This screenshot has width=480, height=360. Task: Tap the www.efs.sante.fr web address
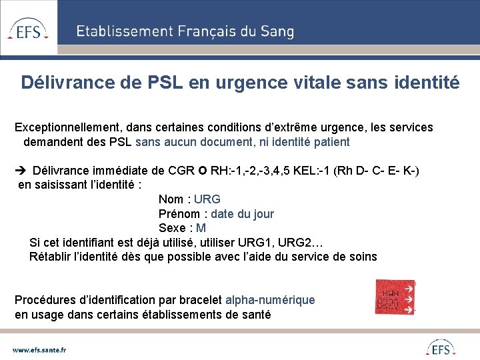click(39, 349)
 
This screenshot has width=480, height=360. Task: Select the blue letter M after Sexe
click(201, 228)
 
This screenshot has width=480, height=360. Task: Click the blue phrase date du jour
click(243, 214)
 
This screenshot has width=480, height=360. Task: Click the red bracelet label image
click(395, 297)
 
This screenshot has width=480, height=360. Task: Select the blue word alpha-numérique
click(270, 300)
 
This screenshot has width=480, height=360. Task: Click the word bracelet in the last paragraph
click(200, 300)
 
